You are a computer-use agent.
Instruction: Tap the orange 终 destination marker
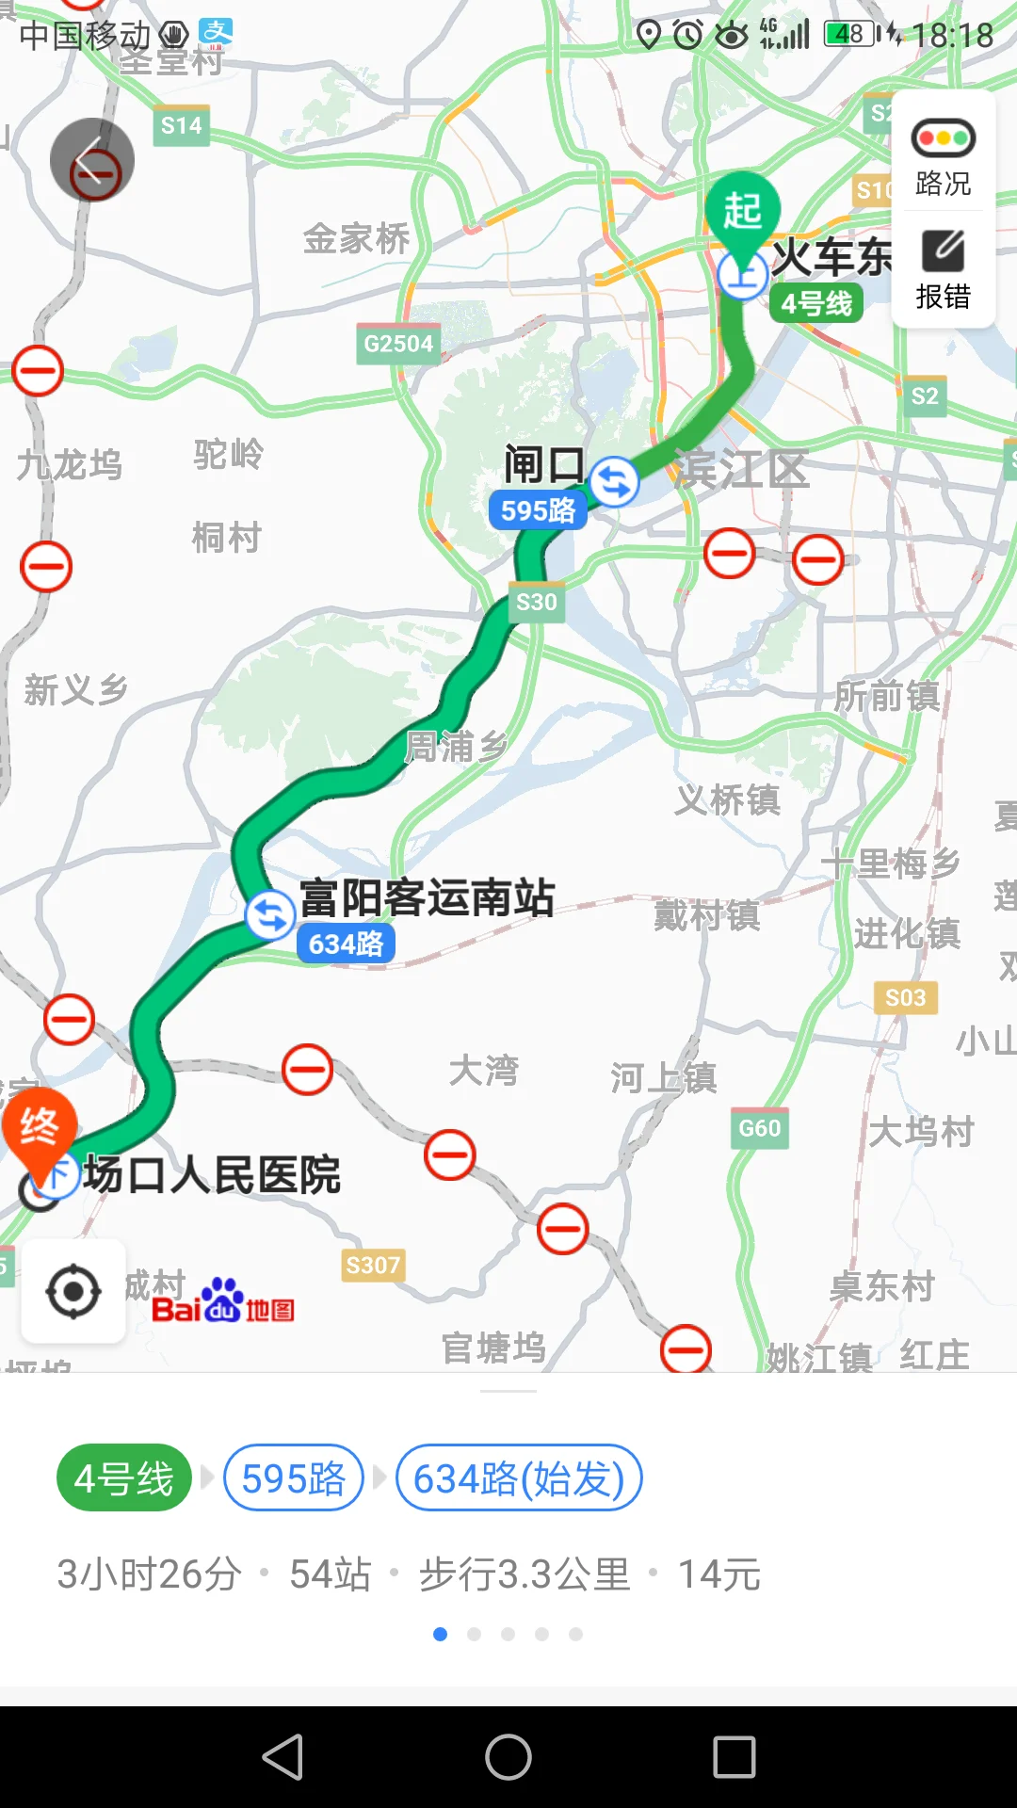coord(39,1126)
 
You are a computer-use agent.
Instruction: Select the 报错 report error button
coord(943,269)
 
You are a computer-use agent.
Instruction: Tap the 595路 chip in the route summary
coord(294,1478)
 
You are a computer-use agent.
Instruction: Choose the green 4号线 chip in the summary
coord(124,1478)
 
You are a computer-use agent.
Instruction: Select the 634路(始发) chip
coord(519,1478)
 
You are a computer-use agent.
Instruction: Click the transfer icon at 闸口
coord(614,481)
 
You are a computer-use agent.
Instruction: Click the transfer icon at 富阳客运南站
coord(270,914)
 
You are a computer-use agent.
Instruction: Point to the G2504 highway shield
coord(398,344)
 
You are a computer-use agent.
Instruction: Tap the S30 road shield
coord(537,603)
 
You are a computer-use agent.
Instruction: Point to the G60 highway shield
coord(760,1128)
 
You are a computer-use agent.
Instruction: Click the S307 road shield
coord(373,1265)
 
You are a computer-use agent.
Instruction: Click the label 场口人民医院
coord(212,1175)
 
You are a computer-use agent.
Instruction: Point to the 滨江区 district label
coord(741,469)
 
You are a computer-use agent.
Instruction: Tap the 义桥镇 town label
coord(727,800)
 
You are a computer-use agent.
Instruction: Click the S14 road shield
coord(181,125)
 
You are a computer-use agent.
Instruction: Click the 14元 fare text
coord(719,1574)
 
